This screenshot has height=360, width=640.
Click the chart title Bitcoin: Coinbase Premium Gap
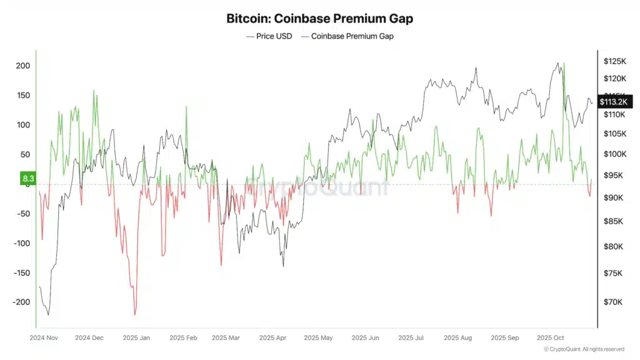(x=319, y=19)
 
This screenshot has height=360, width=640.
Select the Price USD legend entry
(x=269, y=36)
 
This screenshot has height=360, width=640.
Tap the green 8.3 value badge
(x=28, y=179)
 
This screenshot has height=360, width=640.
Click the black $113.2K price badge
(x=616, y=101)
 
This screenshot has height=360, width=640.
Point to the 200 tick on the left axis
(x=22, y=66)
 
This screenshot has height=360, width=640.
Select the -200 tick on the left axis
(x=21, y=302)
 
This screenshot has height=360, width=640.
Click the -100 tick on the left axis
(x=21, y=243)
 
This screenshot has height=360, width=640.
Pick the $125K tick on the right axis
(x=615, y=61)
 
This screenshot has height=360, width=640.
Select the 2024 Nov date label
(x=45, y=337)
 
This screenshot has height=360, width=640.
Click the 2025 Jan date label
(x=136, y=337)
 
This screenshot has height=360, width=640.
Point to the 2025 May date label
(x=319, y=337)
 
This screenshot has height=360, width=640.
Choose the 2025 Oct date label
(x=551, y=337)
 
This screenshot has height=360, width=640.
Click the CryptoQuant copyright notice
(x=583, y=349)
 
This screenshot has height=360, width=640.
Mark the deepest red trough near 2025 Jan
(x=135, y=315)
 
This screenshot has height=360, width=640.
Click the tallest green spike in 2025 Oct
(x=564, y=63)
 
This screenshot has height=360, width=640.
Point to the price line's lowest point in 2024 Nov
(x=48, y=314)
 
